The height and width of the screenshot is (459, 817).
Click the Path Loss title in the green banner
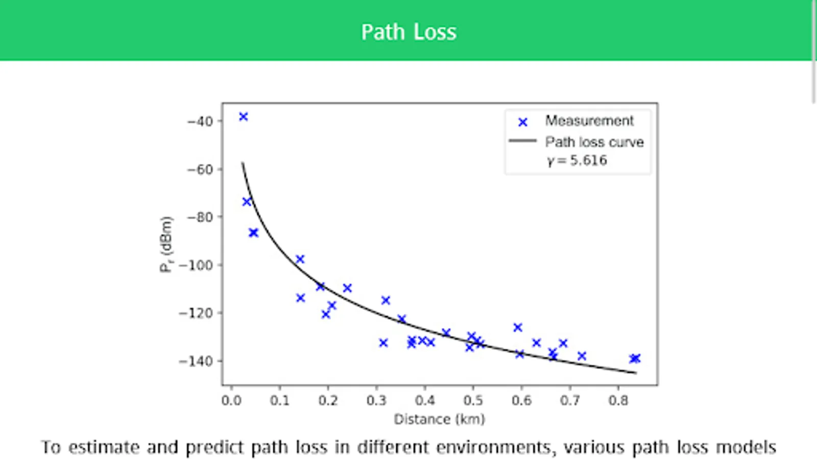(x=408, y=32)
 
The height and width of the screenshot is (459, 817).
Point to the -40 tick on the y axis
(x=200, y=121)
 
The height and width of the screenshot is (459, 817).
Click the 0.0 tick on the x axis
(x=231, y=400)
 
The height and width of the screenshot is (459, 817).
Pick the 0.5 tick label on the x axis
(x=473, y=400)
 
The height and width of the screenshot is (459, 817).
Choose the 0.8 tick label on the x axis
(x=618, y=400)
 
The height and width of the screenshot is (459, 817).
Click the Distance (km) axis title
(x=439, y=419)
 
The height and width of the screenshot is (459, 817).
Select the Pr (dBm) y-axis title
(x=166, y=245)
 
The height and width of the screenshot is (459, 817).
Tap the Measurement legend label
(x=589, y=121)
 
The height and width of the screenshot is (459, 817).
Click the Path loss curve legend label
(x=594, y=142)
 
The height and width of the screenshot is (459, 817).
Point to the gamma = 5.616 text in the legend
(x=577, y=161)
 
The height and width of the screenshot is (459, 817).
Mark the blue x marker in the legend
(x=522, y=122)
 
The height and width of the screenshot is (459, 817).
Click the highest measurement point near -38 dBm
(x=244, y=117)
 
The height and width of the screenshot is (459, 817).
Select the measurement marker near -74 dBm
(x=247, y=201)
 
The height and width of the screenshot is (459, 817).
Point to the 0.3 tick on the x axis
(x=376, y=400)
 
